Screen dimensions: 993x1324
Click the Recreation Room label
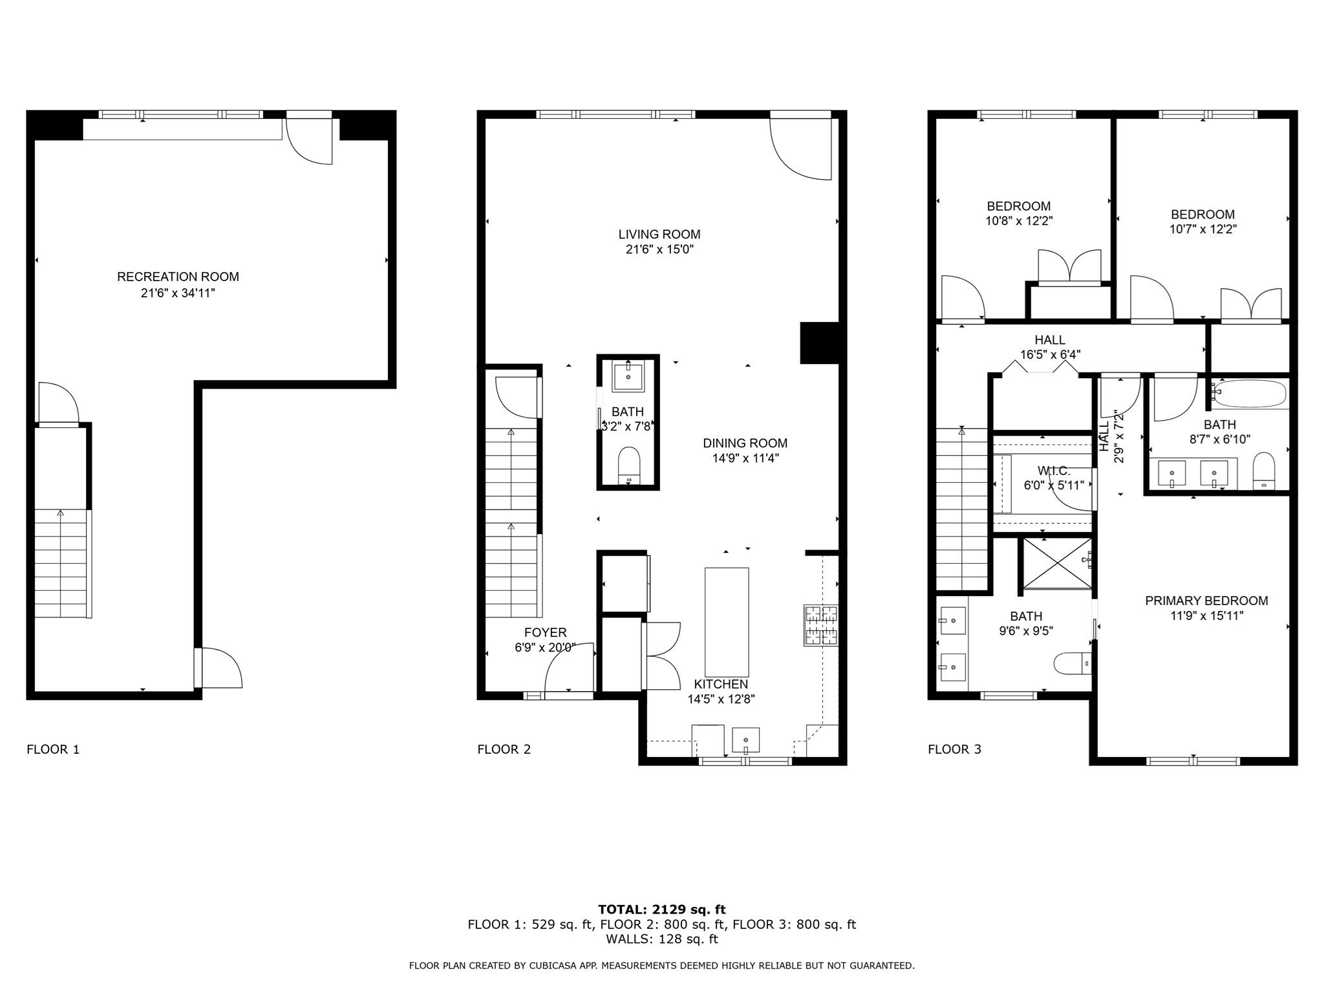tap(178, 277)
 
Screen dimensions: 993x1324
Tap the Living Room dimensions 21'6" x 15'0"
tap(659, 250)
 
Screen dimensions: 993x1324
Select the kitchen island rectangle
tap(726, 622)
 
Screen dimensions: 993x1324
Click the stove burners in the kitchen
tap(820, 625)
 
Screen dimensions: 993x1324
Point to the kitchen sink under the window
tap(745, 740)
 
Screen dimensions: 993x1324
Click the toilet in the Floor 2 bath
tap(628, 464)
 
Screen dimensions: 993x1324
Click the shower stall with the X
tap(1055, 563)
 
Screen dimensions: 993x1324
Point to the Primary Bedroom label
tap(1206, 601)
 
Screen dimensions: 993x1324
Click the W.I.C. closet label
tap(1054, 471)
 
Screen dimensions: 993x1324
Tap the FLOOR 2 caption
tap(504, 749)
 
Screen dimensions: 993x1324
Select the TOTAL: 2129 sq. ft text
tap(661, 910)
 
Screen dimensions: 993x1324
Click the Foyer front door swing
tap(569, 669)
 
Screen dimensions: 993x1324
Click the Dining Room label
tap(745, 443)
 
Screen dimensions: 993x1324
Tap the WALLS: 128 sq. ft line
tap(661, 939)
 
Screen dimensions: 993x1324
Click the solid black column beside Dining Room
tap(819, 343)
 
